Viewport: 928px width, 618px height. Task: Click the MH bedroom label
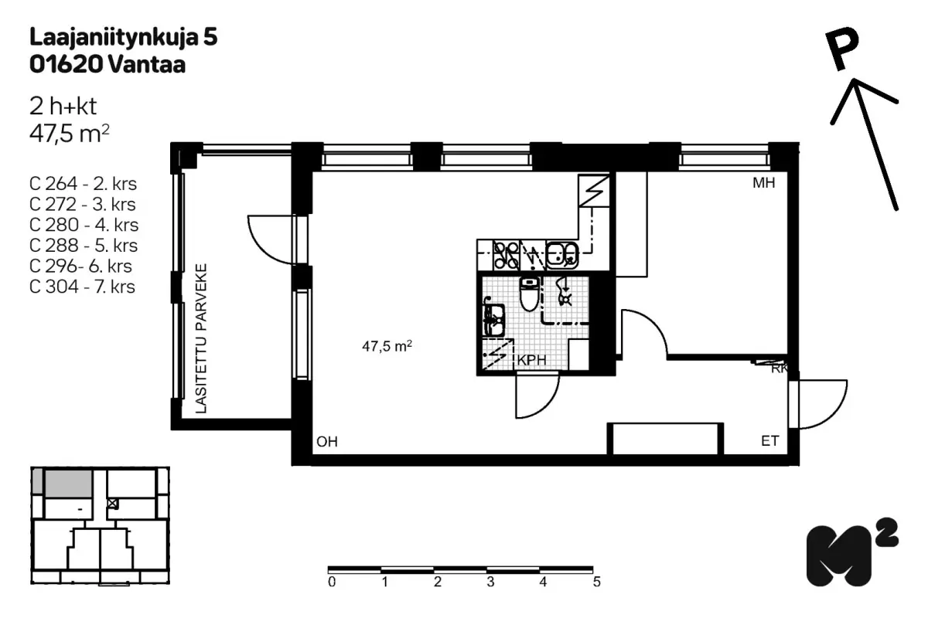763,183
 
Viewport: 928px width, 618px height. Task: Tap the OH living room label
327,442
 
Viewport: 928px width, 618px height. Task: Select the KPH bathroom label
532,360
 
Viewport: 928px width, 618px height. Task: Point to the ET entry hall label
769,441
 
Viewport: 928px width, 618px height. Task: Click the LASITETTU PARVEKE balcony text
201,338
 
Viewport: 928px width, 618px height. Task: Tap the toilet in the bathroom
530,294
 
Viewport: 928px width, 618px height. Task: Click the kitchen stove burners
507,255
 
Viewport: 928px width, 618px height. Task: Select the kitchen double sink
561,255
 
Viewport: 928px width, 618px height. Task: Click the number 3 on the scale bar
490,582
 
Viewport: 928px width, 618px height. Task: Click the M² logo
851,552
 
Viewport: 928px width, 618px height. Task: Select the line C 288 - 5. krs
84,246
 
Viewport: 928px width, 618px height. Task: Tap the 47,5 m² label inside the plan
387,346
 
